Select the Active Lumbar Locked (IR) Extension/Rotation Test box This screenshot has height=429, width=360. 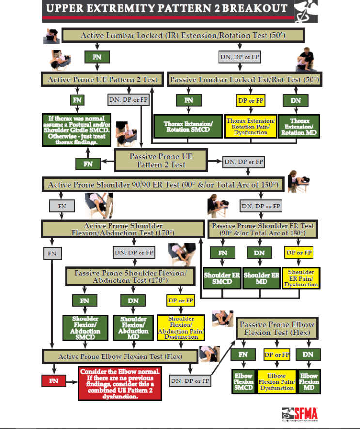pyautogui.click(x=182, y=35)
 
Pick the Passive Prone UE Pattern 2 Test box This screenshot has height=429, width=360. pyautogui.click(x=161, y=160)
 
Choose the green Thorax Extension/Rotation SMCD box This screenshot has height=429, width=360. pyautogui.click(x=188, y=127)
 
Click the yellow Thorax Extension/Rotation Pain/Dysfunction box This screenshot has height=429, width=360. pyautogui.click(x=250, y=127)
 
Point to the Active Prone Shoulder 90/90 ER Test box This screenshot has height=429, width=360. pyautogui.click(x=163, y=185)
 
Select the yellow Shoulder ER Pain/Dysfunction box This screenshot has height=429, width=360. pyautogui.click(x=301, y=278)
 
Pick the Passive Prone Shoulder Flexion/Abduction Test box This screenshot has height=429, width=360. pyautogui.click(x=130, y=276)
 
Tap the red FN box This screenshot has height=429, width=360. pyautogui.click(x=54, y=381)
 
